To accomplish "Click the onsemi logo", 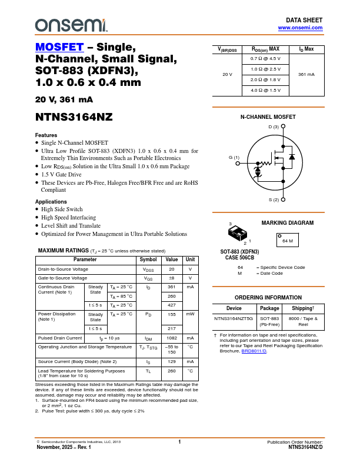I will click(x=71, y=25).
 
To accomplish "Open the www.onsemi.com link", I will click(x=300, y=28).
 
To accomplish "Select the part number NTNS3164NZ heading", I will click(x=74, y=117).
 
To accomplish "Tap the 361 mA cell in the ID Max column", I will click(x=306, y=75).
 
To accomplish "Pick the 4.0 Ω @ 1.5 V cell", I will click(x=265, y=91).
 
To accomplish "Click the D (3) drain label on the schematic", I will click(x=274, y=127).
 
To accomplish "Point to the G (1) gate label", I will click(x=234, y=158).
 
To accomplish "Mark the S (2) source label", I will click(x=274, y=200).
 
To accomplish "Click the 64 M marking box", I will click(x=288, y=241).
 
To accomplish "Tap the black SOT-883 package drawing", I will click(x=237, y=234).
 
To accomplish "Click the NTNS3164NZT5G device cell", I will click(x=234, y=318).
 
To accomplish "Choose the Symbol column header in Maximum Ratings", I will click(x=148, y=259).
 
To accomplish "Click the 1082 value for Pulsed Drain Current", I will click(x=172, y=338).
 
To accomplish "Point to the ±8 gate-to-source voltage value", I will click(x=172, y=278).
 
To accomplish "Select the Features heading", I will click(x=46, y=135).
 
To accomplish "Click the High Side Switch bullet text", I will click(x=62, y=209).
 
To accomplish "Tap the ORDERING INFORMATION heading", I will click(x=268, y=298).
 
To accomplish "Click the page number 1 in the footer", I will click(x=179, y=441).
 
